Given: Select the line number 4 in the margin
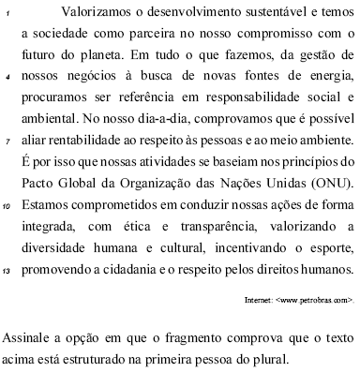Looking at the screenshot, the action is pos(7,79).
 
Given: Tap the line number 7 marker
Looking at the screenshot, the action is pos(7,143).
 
